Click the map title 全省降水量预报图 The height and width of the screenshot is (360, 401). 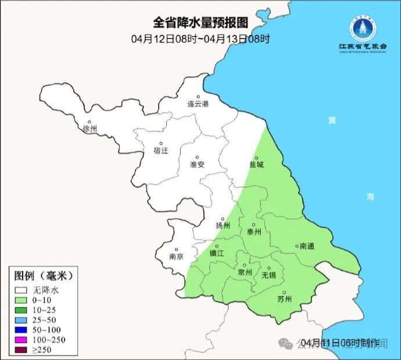tap(201, 23)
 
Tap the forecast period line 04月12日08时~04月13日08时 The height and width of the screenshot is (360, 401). tap(201, 39)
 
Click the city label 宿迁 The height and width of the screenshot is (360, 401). tap(160, 151)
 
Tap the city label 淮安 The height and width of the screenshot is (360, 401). tap(198, 165)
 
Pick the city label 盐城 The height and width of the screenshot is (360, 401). tap(256, 165)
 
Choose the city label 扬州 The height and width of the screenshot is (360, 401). tap(223, 226)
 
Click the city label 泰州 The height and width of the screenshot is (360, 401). tap(255, 231)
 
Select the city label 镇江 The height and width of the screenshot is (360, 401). tap(217, 254)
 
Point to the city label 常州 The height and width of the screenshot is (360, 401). tap(246, 272)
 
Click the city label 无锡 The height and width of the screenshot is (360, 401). tap(269, 275)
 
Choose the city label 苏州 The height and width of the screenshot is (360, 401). tap(284, 300)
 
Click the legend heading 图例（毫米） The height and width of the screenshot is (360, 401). tap(46, 275)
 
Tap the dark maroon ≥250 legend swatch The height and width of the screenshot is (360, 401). tap(22, 350)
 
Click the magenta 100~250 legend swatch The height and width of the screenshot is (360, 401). tap(22, 340)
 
